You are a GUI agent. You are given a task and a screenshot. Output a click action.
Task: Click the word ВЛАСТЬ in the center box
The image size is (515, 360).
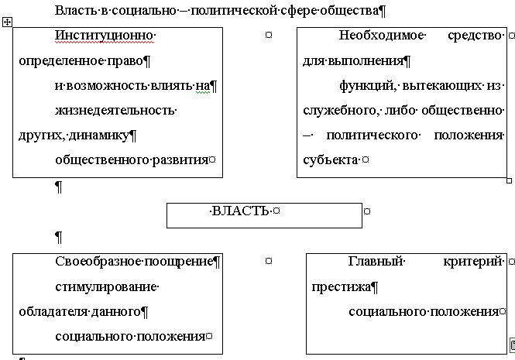click(242, 211)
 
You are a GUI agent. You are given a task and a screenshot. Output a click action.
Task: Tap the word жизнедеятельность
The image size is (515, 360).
click(115, 110)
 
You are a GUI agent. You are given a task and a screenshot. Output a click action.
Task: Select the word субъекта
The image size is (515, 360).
click(330, 160)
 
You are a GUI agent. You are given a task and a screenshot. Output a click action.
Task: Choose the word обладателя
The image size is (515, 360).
click(50, 312)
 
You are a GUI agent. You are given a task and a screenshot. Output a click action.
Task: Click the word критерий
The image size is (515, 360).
click(473, 262)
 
